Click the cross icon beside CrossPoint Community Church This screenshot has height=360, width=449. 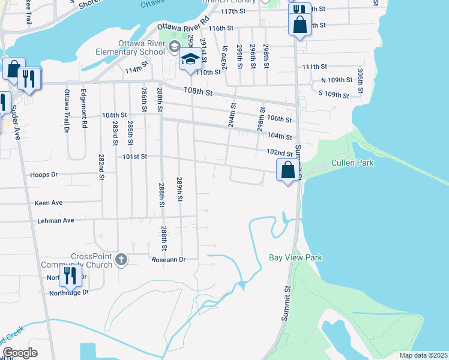[x=121, y=260]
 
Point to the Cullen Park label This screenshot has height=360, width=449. [x=352, y=163]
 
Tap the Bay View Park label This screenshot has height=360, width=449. [x=295, y=257]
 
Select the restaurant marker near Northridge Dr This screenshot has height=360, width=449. [x=70, y=276]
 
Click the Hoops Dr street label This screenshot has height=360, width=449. [x=44, y=175]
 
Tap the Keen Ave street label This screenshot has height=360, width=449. [x=49, y=203]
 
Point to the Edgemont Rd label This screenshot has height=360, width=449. [x=85, y=109]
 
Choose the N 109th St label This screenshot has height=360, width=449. [x=335, y=80]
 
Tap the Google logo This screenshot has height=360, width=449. [x=20, y=353]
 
